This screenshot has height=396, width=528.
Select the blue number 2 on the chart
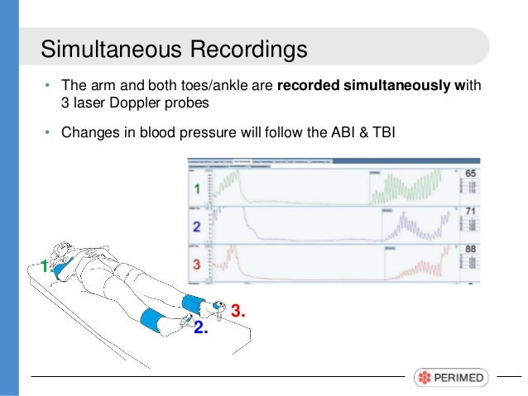197,225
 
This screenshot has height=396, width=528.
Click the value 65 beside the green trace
473,175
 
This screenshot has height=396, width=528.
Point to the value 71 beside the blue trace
473,212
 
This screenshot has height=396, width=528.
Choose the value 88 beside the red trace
473,250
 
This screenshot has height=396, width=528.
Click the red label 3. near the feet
238,311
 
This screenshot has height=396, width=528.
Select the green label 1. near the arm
46,265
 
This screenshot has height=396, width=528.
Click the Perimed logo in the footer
451,377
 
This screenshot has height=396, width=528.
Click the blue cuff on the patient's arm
66,265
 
